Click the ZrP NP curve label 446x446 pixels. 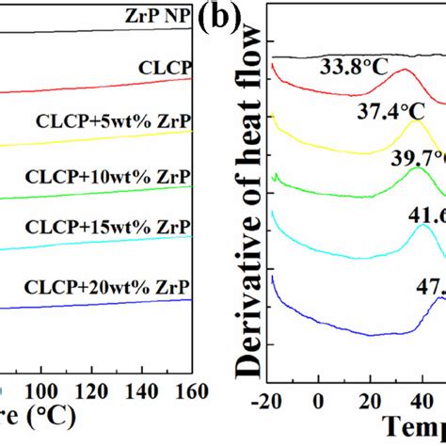158,16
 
